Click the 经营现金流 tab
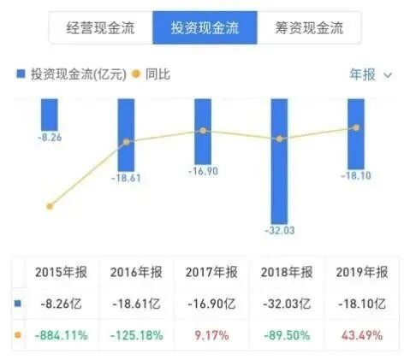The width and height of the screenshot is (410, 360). (101, 28)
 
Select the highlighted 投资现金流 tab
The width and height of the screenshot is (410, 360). (205, 28)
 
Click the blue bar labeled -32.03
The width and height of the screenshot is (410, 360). (279, 158)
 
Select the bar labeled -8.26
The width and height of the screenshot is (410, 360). (50, 114)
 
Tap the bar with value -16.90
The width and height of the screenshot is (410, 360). (203, 128)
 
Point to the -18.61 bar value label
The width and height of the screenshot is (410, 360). (127, 179)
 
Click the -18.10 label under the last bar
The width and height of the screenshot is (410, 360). (354, 175)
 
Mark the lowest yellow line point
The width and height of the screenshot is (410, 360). (50, 206)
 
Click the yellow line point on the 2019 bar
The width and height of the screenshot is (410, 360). (355, 127)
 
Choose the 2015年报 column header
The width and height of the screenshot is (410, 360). (62, 272)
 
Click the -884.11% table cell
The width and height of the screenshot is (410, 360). (62, 335)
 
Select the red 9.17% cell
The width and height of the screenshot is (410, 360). (211, 335)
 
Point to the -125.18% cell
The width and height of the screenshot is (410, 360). (136, 335)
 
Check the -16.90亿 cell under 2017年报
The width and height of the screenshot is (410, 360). (211, 304)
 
